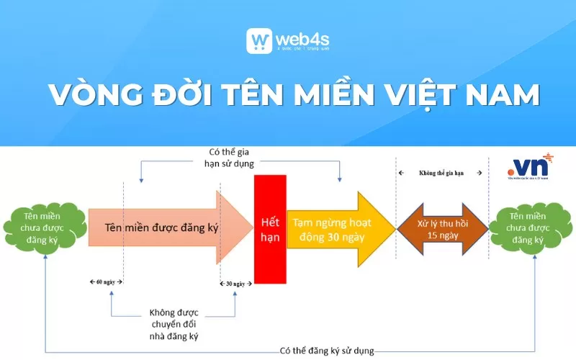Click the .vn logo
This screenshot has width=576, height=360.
(529, 167)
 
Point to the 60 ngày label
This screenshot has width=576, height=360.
(106, 282)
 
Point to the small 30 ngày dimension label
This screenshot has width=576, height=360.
(235, 283)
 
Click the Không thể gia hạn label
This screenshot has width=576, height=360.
(441, 174)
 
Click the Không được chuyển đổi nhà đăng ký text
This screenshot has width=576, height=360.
(174, 324)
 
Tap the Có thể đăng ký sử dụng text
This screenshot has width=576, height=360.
(327, 351)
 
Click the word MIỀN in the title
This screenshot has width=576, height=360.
(330, 96)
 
